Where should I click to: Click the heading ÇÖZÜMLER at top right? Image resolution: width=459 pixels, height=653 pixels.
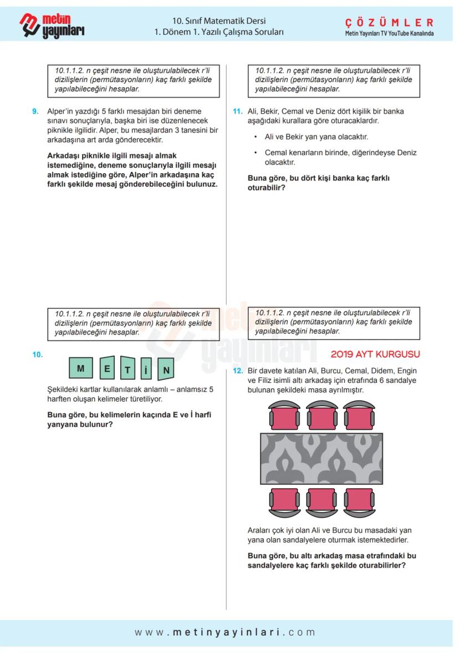click(x=389, y=22)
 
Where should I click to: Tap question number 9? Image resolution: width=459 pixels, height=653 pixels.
click(x=35, y=111)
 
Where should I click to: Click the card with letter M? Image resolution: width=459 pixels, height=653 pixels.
click(x=81, y=368)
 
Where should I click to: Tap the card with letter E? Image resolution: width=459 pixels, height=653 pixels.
click(x=108, y=368)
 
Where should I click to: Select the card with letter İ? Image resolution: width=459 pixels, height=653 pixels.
click(x=145, y=369)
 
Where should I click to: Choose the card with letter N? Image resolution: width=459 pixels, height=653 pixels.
click(x=166, y=369)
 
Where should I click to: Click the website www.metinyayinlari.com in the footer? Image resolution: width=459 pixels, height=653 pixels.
click(x=225, y=632)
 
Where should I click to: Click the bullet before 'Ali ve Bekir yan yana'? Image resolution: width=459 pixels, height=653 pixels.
click(x=256, y=136)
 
